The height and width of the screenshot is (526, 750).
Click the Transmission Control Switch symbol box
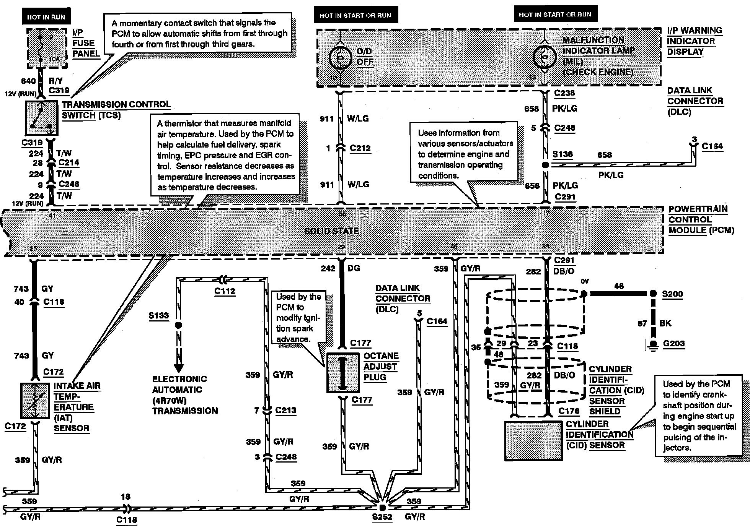coord(41,118)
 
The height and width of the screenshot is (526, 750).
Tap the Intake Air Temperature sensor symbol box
coord(35,401)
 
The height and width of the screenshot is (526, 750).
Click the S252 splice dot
coord(382,508)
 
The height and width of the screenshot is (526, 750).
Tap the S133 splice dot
coord(178,326)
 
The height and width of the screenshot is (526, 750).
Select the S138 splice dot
coord(546,165)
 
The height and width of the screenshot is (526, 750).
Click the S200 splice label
coord(672,294)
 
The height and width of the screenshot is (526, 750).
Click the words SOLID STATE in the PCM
coord(331,231)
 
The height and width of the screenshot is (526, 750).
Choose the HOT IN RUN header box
coord(46,17)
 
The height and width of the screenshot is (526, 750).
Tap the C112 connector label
coord(225,291)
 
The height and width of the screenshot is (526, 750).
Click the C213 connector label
coord(285,410)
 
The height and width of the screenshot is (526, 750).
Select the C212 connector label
coord(360,148)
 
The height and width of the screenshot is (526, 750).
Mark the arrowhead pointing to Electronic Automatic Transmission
coord(178,368)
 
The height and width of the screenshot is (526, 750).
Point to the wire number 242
coord(328,269)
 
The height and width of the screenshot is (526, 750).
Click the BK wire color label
coord(665,323)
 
